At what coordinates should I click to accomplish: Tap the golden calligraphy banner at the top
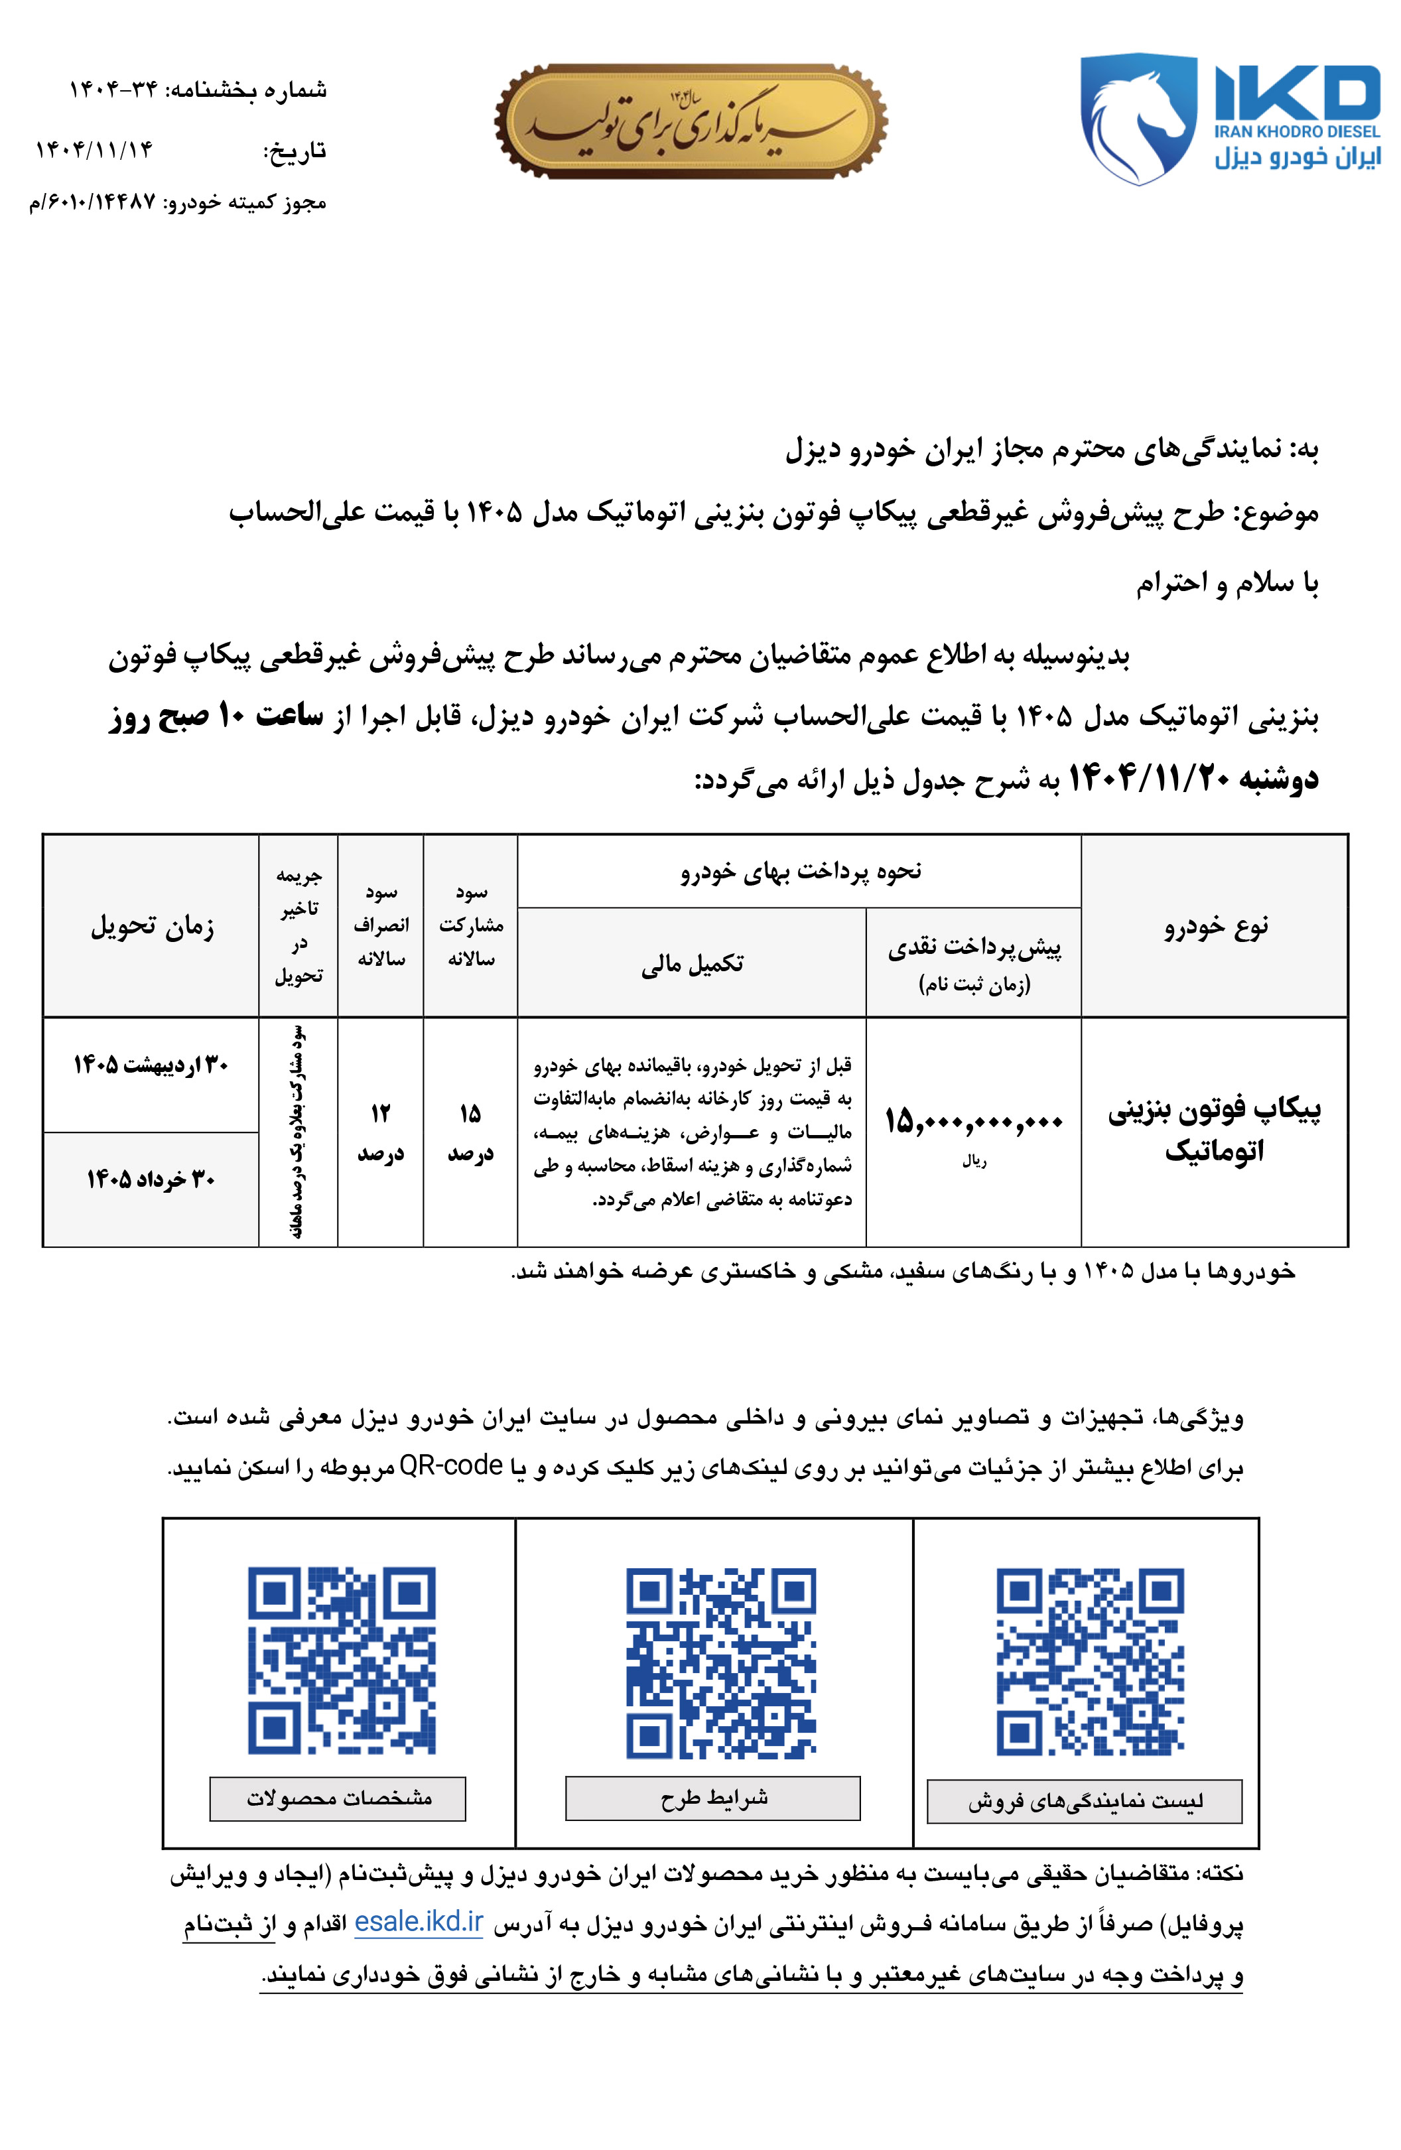click(690, 121)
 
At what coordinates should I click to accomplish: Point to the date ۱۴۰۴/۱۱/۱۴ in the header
click(94, 149)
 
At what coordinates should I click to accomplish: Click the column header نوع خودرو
click(1215, 926)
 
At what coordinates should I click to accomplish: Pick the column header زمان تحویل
click(152, 926)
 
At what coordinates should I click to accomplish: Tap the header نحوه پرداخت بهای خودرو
click(800, 871)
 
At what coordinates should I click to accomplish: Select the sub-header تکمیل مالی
click(692, 964)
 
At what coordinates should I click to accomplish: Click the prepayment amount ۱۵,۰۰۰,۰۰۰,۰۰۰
click(973, 1122)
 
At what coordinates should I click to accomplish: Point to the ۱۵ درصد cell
click(470, 1132)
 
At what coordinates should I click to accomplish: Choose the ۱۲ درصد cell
click(380, 1132)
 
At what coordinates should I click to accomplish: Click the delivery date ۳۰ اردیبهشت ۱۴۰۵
click(151, 1065)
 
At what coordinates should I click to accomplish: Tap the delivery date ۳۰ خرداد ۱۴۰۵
click(151, 1179)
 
